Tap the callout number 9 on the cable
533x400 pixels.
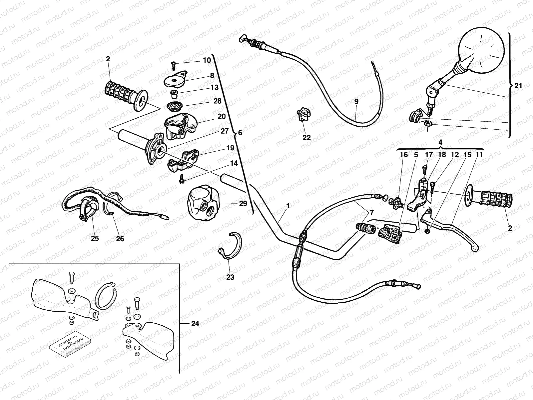[x=356, y=102]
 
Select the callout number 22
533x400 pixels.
[x=306, y=137]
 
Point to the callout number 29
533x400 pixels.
[x=243, y=203]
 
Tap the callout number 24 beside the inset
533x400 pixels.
[x=195, y=323]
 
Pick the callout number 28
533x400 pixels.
[x=217, y=101]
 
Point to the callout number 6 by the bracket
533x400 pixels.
[x=240, y=133]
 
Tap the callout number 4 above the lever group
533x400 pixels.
[x=440, y=142]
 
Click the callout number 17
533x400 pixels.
[x=429, y=155]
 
